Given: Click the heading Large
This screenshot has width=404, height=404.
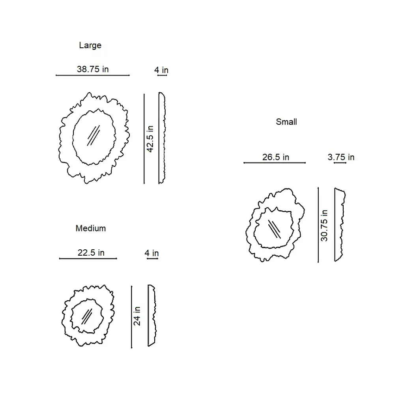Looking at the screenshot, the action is [x=90, y=45].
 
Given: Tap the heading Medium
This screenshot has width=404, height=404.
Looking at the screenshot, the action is [x=91, y=228].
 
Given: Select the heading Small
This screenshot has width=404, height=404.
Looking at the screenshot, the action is [x=286, y=122].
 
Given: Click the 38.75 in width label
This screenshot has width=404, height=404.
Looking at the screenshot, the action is [x=93, y=69].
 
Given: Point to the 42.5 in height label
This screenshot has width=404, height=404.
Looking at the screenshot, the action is [x=150, y=139].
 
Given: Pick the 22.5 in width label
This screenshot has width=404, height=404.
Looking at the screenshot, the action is [x=91, y=252].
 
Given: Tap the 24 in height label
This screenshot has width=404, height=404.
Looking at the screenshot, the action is [x=137, y=316].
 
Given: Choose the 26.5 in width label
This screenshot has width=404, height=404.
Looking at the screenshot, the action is [x=276, y=157].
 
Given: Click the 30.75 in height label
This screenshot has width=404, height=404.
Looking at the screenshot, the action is [x=324, y=226].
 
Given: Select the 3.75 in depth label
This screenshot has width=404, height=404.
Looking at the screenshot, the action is [x=341, y=157].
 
